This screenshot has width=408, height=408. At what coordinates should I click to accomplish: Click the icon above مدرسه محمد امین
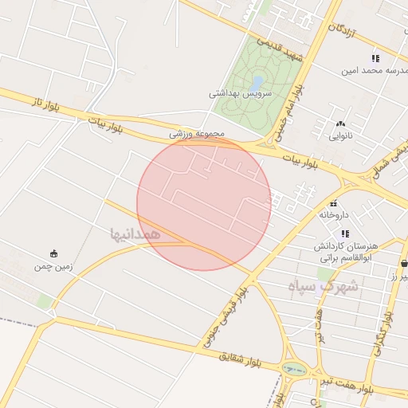coord(375,57)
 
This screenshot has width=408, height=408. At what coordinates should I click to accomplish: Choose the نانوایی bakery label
coord(341,136)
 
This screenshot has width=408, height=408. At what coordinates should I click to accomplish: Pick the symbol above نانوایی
coord(341,124)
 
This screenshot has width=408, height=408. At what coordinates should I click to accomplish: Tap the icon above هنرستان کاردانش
coord(344,233)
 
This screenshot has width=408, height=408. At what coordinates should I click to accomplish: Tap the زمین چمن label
coord(53,266)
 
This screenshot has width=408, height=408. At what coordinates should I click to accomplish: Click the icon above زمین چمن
coord(53,253)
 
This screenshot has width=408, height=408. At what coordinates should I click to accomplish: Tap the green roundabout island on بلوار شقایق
coord(294,369)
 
